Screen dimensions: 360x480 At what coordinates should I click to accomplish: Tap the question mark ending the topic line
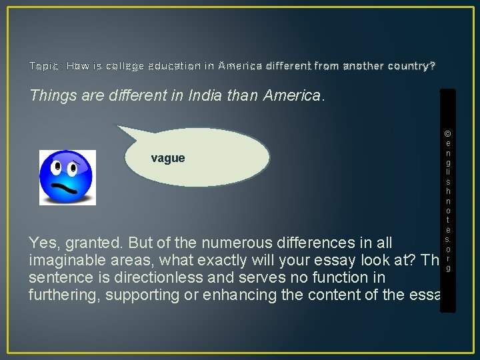(x=432, y=66)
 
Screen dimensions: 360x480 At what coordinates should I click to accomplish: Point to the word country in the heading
(x=404, y=66)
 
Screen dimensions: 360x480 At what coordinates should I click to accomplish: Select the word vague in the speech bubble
(x=168, y=158)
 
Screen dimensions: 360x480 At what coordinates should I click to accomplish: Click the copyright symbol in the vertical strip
(x=447, y=133)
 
